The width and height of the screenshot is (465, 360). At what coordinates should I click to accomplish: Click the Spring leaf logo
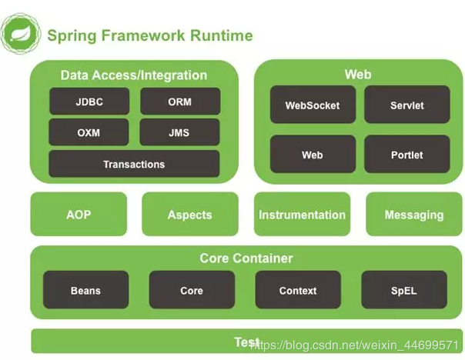click(x=19, y=34)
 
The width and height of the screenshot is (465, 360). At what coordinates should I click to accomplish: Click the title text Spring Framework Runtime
click(x=149, y=35)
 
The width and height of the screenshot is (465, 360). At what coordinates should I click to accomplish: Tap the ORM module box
click(x=179, y=102)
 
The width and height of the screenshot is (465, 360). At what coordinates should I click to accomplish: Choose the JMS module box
click(x=179, y=132)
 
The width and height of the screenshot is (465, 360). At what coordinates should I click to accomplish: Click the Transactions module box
click(x=134, y=164)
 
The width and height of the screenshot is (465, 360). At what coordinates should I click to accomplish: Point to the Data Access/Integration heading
click(x=134, y=75)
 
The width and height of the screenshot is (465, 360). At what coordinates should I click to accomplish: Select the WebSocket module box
click(x=312, y=105)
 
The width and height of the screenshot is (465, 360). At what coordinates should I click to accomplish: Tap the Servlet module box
click(x=406, y=105)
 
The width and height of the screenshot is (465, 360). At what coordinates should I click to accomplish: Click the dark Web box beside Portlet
click(x=312, y=155)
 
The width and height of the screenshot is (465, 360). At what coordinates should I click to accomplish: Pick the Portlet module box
click(x=406, y=155)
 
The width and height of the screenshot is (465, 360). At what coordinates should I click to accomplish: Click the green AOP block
click(x=78, y=215)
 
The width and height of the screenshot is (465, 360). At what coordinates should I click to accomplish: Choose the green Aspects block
click(x=189, y=215)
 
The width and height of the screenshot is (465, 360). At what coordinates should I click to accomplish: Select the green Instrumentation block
click(x=302, y=215)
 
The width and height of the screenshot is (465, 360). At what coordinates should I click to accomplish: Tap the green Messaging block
click(x=413, y=215)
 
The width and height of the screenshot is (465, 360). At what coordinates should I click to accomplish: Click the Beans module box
click(x=85, y=290)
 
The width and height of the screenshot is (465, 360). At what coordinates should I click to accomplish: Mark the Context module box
click(x=297, y=290)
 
